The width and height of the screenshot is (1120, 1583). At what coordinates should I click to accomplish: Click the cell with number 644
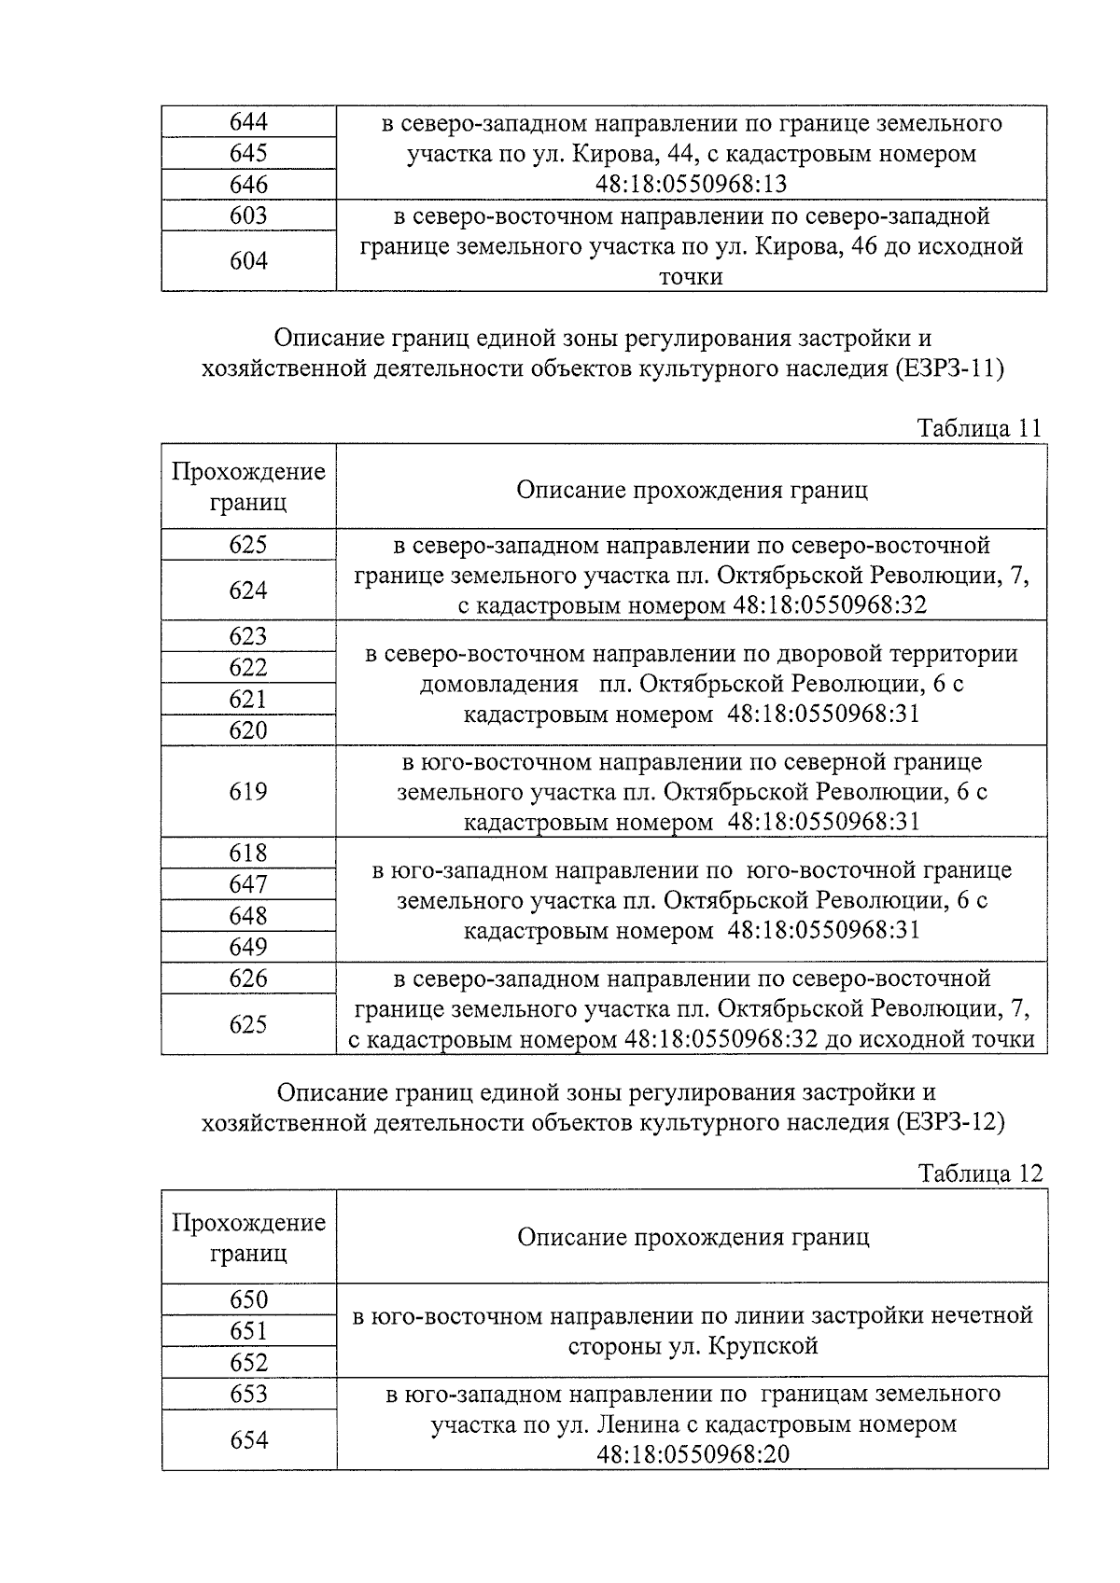[x=248, y=122]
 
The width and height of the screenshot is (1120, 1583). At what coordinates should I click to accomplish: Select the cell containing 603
[x=248, y=215]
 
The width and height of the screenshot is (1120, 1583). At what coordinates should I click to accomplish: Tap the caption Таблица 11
[x=978, y=428]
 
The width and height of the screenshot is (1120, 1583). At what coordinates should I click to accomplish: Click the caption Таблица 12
[x=979, y=1173]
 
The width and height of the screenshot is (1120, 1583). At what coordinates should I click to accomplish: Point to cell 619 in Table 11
[x=248, y=792]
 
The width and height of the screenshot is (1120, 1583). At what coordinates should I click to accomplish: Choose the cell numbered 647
[x=248, y=884]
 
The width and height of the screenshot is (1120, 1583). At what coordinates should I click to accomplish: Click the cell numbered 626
[x=248, y=979]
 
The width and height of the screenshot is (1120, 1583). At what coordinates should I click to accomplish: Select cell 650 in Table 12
[x=248, y=1299]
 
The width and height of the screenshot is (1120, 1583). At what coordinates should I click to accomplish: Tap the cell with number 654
[x=248, y=1440]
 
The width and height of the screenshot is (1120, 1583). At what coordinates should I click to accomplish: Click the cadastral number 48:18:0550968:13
[x=691, y=185]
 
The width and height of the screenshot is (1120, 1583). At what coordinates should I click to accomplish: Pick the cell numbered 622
[x=248, y=668]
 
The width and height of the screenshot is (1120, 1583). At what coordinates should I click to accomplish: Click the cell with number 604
[x=248, y=261]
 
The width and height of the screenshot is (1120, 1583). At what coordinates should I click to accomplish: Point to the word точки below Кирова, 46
[x=691, y=277]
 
